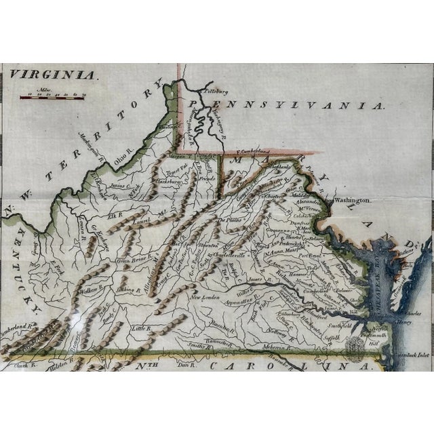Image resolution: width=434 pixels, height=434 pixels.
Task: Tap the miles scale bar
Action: click(x=52, y=97)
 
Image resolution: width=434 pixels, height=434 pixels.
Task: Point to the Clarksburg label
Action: click(x=171, y=181)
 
